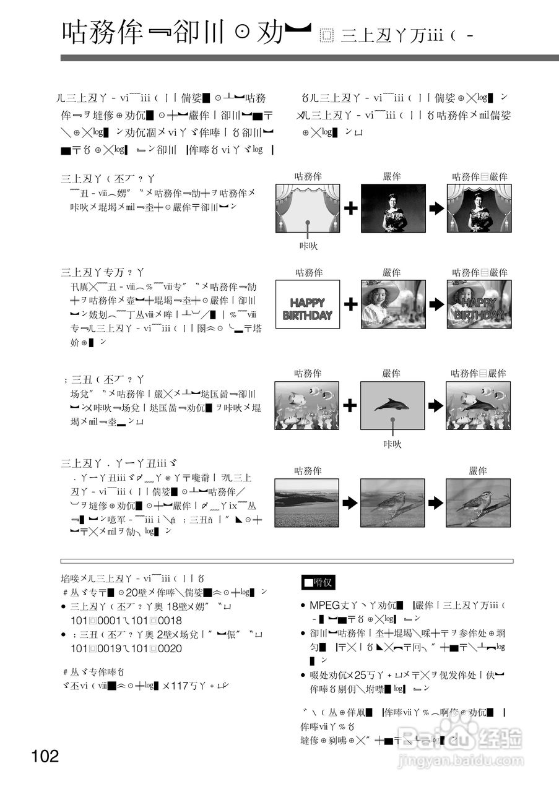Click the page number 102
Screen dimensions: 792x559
tap(46, 755)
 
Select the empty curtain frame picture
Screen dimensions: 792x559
tap(308, 208)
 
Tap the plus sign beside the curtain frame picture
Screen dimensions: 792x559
tap(350, 208)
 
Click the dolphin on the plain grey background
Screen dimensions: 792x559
tap(392, 405)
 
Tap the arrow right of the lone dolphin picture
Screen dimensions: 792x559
tap(436, 405)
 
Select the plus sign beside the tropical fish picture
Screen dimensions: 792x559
tap(350, 405)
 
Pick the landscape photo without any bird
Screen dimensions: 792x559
tap(306, 502)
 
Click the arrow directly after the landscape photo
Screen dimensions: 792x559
tap(350, 502)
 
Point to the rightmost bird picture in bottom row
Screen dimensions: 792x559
tap(478, 502)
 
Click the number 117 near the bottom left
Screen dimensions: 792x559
tap(179, 685)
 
